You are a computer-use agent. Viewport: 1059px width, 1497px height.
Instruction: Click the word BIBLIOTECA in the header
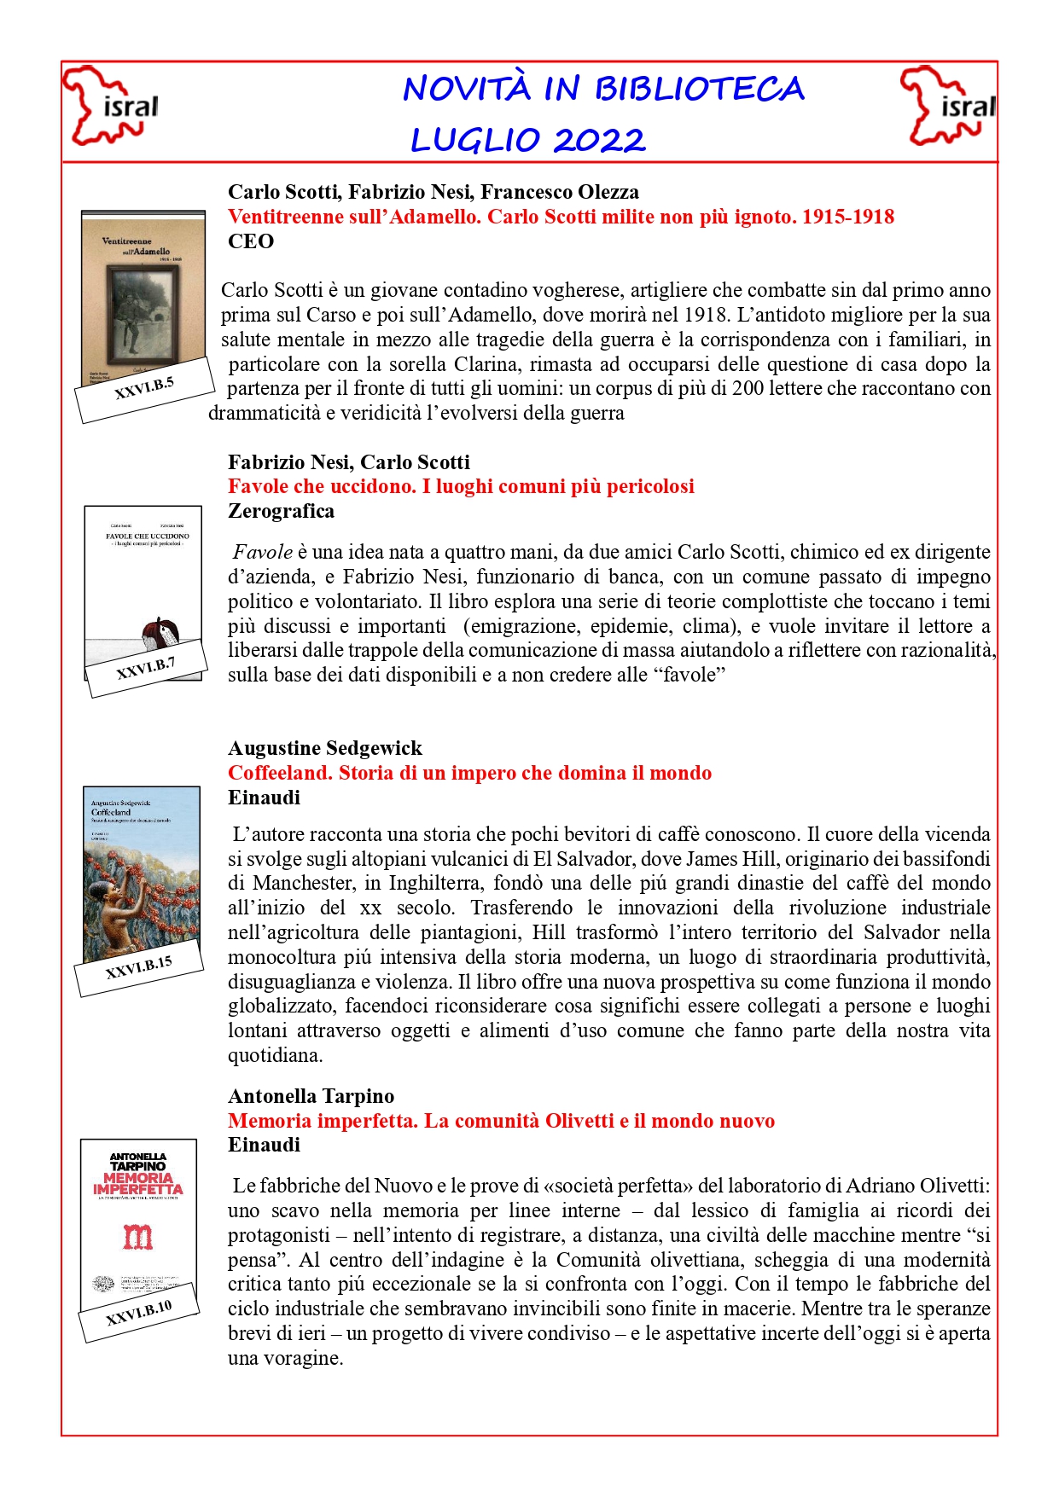[699, 90]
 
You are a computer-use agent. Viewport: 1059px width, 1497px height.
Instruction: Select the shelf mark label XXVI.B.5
[144, 389]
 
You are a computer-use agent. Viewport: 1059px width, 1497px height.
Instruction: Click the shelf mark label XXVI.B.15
[139, 967]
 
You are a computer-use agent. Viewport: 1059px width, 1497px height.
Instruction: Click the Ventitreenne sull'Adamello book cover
[143, 290]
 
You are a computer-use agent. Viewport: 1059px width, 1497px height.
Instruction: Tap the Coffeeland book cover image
[142, 870]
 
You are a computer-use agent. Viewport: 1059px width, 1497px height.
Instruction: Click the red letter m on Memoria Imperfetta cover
[137, 1236]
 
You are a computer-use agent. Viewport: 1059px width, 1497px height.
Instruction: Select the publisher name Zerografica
[281, 511]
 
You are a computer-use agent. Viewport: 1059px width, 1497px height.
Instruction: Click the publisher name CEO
[251, 241]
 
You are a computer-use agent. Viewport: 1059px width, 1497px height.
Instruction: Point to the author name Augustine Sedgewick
[325, 748]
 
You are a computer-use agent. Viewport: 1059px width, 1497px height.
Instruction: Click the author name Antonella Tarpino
[311, 1096]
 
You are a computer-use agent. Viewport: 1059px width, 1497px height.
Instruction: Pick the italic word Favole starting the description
[263, 552]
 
